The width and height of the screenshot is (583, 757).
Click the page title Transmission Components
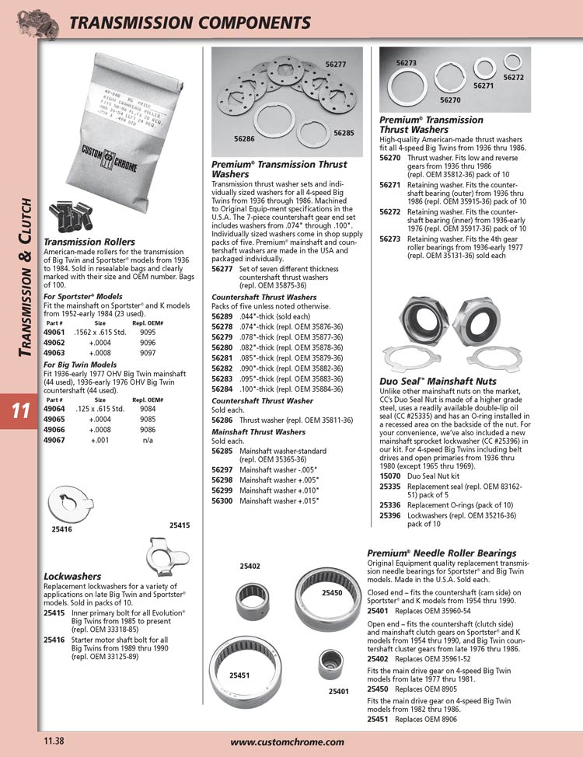coord(190,23)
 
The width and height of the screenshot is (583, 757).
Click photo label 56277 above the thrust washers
coord(336,64)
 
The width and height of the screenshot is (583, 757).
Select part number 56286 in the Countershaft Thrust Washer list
coord(223,420)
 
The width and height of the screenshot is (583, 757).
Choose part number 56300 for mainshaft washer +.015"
coord(223,501)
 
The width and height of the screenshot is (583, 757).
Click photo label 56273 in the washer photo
coord(407,61)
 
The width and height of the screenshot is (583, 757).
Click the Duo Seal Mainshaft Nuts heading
coord(438,382)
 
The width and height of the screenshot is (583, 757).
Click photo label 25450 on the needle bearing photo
coord(332,593)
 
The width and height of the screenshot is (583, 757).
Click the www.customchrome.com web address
coord(287,742)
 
